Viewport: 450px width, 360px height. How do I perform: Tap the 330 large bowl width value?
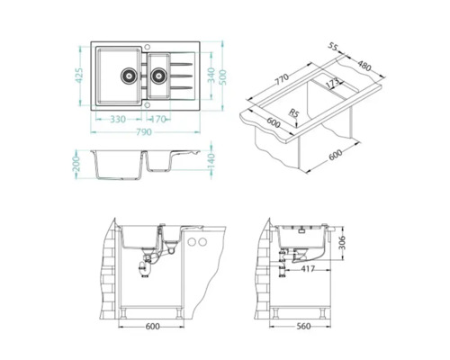118,118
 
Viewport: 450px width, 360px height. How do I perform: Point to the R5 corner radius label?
294,113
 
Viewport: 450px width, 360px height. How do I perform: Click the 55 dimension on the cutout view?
332,46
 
